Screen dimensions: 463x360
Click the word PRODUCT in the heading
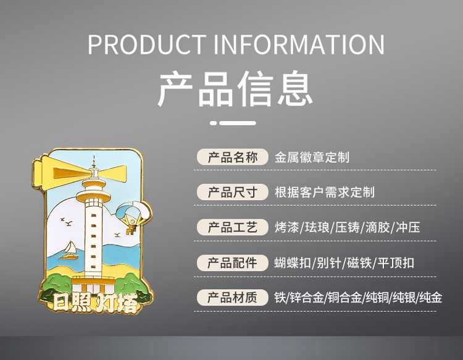click(147, 44)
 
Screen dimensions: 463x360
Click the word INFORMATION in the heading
click(299, 44)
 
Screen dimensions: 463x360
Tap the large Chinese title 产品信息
click(235, 88)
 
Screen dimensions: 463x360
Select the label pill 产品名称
click(233, 157)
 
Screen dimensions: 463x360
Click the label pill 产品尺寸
click(233, 192)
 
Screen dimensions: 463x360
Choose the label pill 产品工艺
click(233, 227)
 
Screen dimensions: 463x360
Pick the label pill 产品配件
click(233, 262)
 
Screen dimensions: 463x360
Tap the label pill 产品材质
click(233, 298)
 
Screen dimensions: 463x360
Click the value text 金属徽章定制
click(312, 157)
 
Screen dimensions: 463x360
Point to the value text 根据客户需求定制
click(325, 192)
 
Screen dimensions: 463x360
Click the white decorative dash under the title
click(233, 123)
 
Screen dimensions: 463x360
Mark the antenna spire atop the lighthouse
click(94, 162)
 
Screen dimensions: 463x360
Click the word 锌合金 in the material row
click(307, 298)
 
